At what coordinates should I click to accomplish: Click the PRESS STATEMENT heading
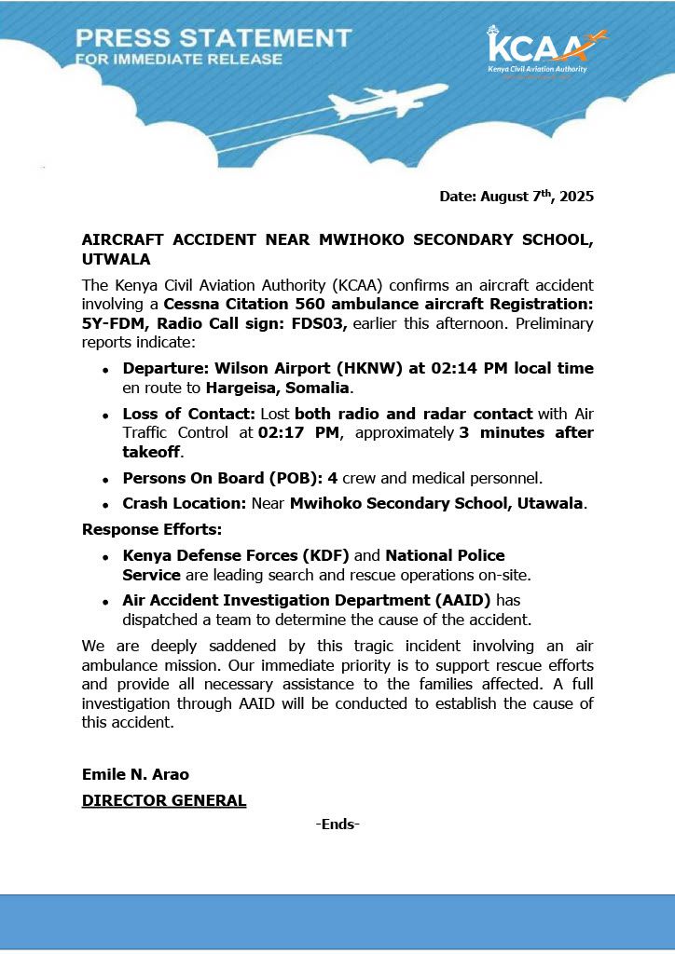click(x=214, y=38)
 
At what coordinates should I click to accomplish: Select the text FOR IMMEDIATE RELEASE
click(x=179, y=60)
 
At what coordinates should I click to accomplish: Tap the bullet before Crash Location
click(x=105, y=505)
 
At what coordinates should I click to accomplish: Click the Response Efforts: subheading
click(x=152, y=529)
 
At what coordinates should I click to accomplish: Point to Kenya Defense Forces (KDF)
click(x=236, y=555)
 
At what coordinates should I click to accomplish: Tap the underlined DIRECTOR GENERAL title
click(x=164, y=800)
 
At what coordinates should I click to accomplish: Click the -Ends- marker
click(x=337, y=824)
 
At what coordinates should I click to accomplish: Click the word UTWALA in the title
click(x=116, y=258)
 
